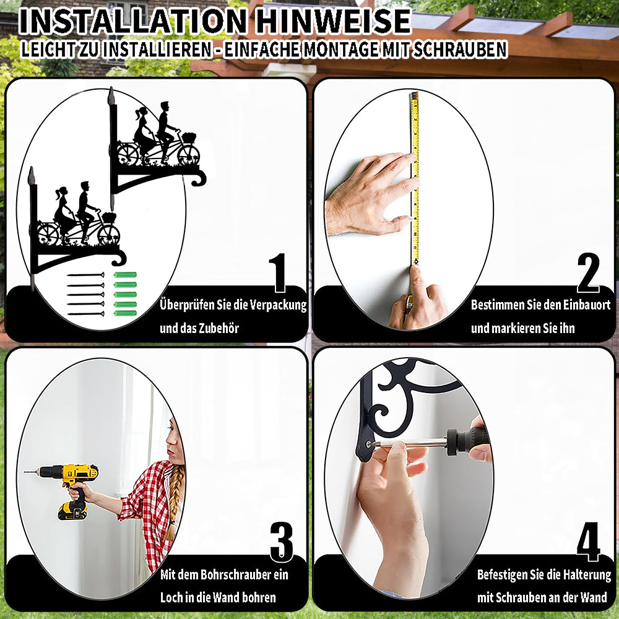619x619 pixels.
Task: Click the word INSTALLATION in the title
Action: tap(133, 21)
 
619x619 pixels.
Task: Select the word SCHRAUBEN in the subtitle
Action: tap(459, 50)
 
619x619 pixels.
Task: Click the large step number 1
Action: tap(278, 272)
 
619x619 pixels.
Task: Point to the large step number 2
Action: tap(588, 272)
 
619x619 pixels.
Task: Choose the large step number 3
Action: tap(282, 542)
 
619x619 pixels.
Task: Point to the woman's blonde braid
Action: tap(173, 501)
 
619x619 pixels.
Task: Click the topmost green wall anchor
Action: tap(125, 275)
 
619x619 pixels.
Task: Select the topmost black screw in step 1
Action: tap(85, 275)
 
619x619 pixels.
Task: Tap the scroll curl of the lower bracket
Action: tap(119, 259)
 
